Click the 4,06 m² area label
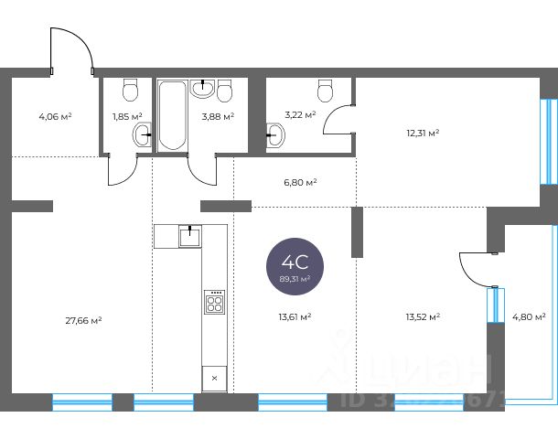pyautogui.click(x=55, y=116)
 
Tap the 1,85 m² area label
pyautogui.click(x=127, y=116)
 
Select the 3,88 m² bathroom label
pyautogui.click(x=218, y=116)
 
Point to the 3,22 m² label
pyautogui.click(x=300, y=115)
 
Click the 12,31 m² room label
pyautogui.click(x=423, y=133)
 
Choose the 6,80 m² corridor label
pyautogui.click(x=300, y=182)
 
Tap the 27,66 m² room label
pyautogui.click(x=83, y=320)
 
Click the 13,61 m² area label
pyautogui.click(x=295, y=316)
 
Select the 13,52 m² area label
pyautogui.click(x=423, y=316)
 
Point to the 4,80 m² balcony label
pyautogui.click(x=528, y=316)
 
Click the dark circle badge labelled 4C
pyautogui.click(x=294, y=266)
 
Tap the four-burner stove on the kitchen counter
pyautogui.click(x=215, y=303)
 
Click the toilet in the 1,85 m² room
pyautogui.click(x=130, y=90)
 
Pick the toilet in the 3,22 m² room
pyautogui.click(x=325, y=90)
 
